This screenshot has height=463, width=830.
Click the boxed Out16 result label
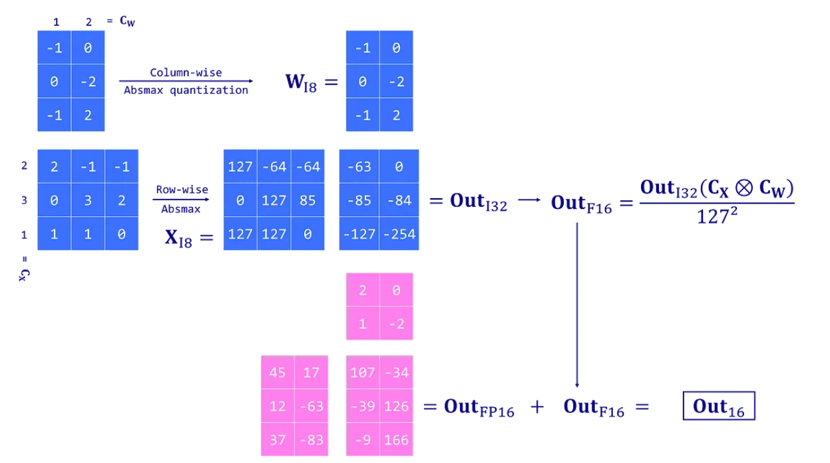coord(719,406)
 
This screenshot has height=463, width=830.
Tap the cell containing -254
coord(399,233)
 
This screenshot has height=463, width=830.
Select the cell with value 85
coord(307,200)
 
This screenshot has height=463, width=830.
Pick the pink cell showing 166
coord(397,439)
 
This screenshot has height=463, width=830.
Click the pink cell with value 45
coord(278,373)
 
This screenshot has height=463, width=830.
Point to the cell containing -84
coord(399,200)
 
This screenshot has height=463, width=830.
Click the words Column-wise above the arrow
coord(186,73)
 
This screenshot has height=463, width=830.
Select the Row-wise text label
coord(182,190)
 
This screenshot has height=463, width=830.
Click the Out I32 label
coord(479,202)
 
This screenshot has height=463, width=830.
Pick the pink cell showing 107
coord(363,373)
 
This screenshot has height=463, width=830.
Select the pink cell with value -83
coord(311,439)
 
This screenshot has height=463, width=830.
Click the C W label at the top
coord(127,21)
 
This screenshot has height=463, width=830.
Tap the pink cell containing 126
coord(397,406)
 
